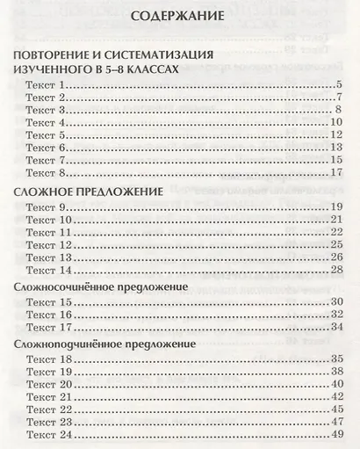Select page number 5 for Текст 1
[x=338, y=84]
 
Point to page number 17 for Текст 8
[x=335, y=173]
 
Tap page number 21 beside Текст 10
[x=335, y=219]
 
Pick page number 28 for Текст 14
[x=335, y=270]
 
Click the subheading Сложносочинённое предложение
[x=104, y=287]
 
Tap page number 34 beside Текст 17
[x=335, y=328]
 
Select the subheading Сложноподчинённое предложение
[x=105, y=344]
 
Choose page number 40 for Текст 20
[x=335, y=385]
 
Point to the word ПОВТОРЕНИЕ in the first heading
[x=54, y=55]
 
